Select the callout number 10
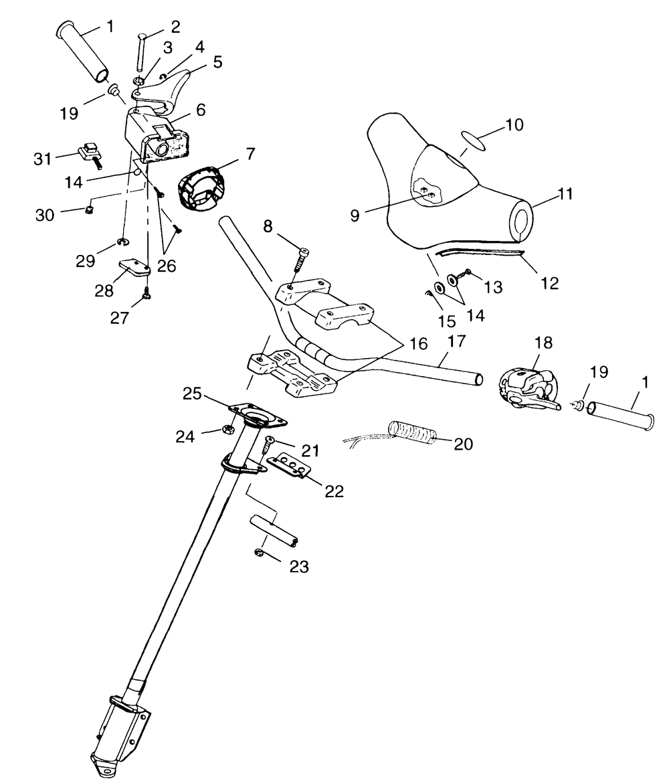(534, 125)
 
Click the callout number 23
(299, 567)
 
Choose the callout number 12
(550, 282)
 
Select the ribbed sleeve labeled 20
(413, 432)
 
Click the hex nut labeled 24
(227, 428)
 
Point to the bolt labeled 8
(301, 263)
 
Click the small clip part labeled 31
(89, 153)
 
